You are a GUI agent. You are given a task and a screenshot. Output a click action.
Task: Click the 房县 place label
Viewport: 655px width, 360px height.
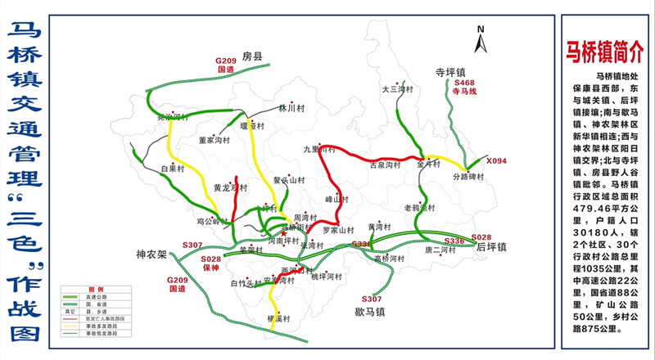[251, 56]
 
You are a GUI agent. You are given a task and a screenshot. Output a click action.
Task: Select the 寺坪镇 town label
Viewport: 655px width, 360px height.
[450, 72]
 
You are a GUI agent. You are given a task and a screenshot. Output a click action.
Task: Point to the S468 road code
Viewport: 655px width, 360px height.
[464, 83]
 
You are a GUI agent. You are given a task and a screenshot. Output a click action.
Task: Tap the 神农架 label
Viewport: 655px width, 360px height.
[151, 254]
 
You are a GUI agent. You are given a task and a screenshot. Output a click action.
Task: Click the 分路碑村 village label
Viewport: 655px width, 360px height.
[469, 176]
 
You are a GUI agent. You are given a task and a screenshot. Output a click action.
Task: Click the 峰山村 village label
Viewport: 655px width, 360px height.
[337, 198]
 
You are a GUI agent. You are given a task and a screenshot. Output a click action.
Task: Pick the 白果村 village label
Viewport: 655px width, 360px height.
[173, 169]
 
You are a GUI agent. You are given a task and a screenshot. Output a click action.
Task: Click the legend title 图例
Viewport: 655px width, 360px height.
[96, 290]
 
